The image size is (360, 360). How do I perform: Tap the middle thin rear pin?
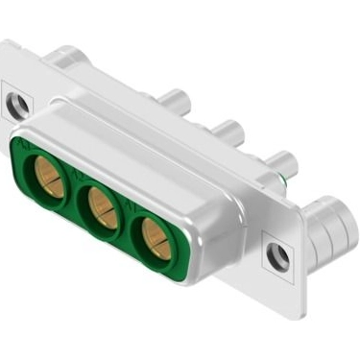point(228,130)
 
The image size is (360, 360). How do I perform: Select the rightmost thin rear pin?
point(281,160)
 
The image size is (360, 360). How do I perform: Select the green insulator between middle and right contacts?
point(130,223)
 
